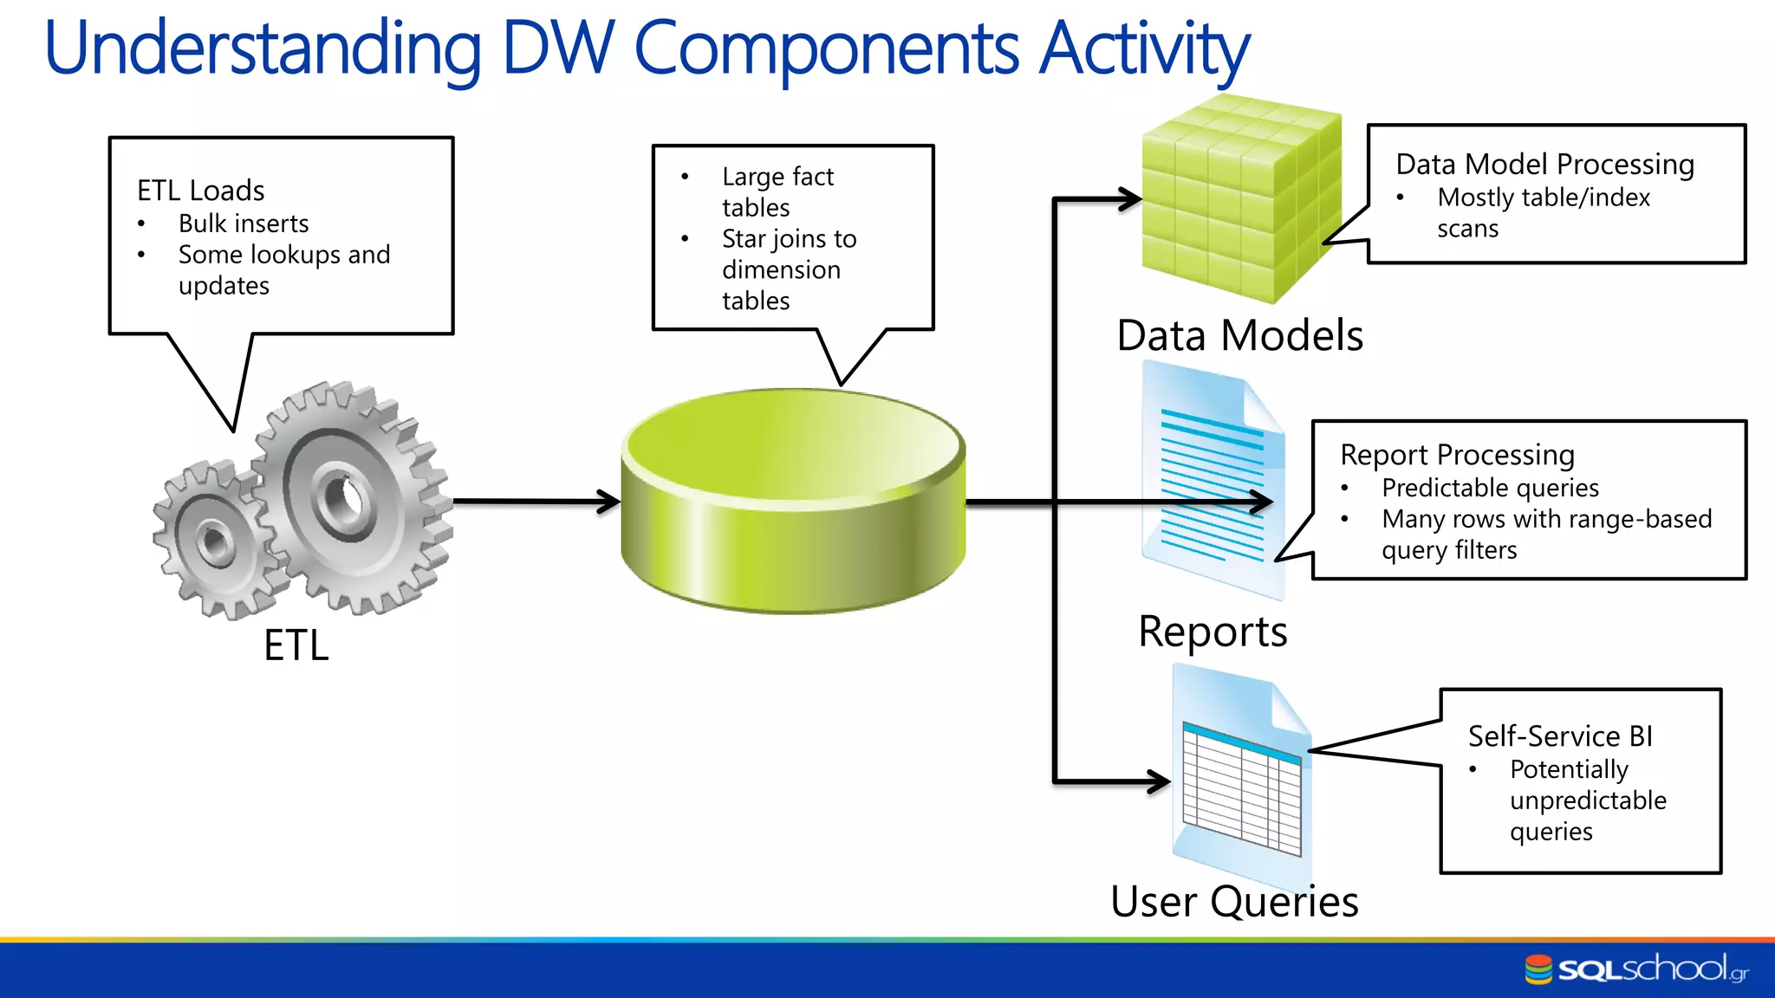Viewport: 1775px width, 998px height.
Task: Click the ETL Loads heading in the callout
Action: (x=200, y=190)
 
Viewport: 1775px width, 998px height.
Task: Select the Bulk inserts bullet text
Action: (x=244, y=224)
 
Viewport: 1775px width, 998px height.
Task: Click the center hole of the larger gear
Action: (x=345, y=499)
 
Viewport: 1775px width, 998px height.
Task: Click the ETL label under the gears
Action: (x=296, y=645)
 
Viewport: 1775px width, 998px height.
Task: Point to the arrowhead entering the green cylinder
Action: (x=610, y=501)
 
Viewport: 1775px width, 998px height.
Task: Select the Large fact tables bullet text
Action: (x=777, y=191)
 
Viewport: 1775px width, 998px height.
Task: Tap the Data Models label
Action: (x=1239, y=335)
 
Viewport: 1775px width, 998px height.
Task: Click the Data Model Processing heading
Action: (x=1544, y=164)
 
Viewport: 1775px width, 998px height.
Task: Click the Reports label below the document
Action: (x=1213, y=632)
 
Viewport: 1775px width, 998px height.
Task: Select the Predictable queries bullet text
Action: (x=1490, y=488)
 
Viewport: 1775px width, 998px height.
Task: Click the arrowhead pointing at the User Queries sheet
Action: (x=1160, y=781)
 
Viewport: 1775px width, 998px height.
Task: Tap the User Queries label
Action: (x=1234, y=902)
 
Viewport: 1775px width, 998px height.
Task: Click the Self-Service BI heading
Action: (x=1560, y=736)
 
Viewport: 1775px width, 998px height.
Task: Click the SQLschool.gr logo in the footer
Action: (x=1636, y=969)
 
